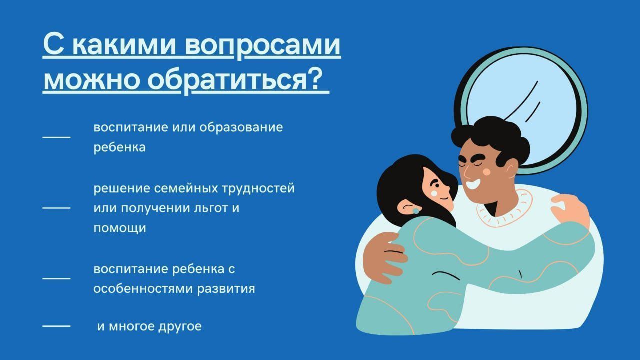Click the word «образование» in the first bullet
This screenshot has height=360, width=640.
click(241, 127)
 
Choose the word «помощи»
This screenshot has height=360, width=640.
click(120, 228)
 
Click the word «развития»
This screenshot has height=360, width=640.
click(226, 289)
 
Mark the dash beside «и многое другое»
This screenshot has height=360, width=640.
click(56, 326)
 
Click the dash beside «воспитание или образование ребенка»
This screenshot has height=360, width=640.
click(56, 137)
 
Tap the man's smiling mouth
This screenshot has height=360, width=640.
click(473, 183)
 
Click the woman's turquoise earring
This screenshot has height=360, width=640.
click(415, 211)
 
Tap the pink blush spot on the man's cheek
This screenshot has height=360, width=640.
click(487, 172)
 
